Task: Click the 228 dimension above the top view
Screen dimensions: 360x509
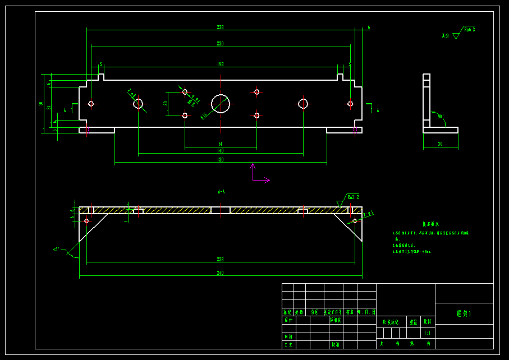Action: point(221,27)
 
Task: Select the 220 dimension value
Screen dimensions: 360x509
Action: point(221,44)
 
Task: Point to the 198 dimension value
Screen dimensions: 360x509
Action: point(221,64)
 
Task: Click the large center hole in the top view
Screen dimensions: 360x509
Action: point(221,103)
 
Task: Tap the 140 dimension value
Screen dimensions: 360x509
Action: point(221,151)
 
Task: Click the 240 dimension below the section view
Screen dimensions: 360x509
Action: point(221,273)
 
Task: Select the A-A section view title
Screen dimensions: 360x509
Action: point(221,192)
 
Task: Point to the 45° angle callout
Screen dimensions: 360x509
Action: point(57,249)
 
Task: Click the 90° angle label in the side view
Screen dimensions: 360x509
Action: point(441,117)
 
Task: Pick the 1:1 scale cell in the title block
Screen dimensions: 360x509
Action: point(428,333)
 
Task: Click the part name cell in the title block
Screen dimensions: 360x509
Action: point(464,313)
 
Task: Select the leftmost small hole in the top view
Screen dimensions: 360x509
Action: point(91,104)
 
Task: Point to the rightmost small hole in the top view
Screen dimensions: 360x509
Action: point(350,104)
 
